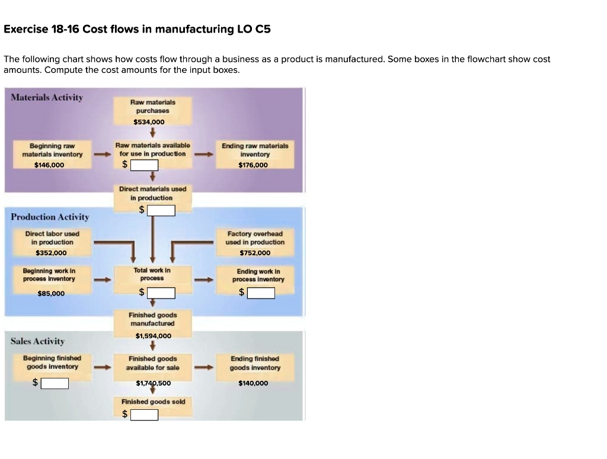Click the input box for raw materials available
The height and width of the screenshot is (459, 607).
[145, 165]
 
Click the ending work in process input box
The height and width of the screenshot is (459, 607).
[261, 293]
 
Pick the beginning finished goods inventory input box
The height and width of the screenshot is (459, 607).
[55, 383]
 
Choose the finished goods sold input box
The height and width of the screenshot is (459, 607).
[145, 415]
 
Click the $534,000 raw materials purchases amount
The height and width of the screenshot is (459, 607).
[149, 122]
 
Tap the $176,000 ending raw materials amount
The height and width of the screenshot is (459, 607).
[253, 165]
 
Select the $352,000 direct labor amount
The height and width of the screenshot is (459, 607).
[51, 253]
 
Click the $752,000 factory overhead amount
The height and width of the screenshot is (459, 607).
[255, 253]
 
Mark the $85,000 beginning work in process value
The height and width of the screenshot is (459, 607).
[51, 293]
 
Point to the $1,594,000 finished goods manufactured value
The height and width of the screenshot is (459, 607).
[153, 336]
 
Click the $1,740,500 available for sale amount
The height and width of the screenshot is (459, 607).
[153, 383]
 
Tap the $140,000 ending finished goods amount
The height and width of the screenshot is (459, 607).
[253, 383]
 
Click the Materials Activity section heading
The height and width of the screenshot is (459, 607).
[47, 97]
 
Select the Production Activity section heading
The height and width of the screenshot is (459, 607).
[50, 217]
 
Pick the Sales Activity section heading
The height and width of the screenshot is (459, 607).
[37, 341]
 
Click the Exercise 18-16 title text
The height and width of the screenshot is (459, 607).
[137, 29]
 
